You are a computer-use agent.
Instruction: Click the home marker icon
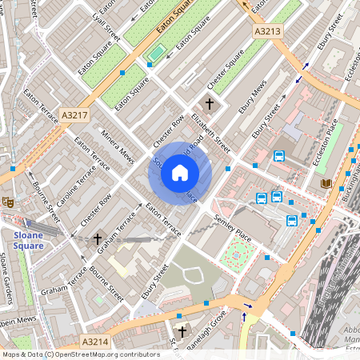coord(180,173)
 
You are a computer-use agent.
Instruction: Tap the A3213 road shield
coord(268,31)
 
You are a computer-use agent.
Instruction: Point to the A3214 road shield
coord(94,342)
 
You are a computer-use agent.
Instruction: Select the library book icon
coord(326,184)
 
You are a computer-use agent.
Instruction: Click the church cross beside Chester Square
coord(210,104)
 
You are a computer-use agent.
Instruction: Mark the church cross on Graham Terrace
coord(98,238)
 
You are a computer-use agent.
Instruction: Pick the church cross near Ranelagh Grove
coord(182,330)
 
